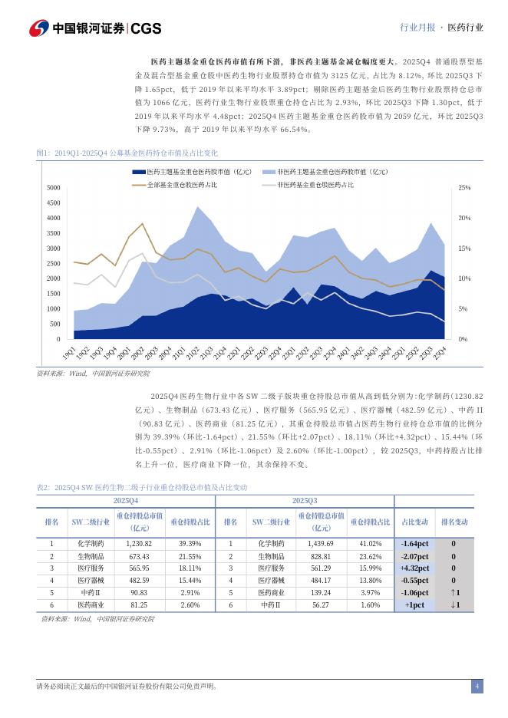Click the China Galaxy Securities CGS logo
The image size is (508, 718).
[x=96, y=28]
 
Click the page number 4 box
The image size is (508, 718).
[x=477, y=686]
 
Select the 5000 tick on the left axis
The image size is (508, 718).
[x=54, y=188]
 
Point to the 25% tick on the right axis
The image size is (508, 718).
[x=464, y=188]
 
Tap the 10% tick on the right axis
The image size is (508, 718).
[x=464, y=278]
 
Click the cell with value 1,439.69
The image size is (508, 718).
[x=321, y=543]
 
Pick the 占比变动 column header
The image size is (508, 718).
[x=414, y=522]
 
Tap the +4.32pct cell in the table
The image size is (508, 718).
[x=414, y=568]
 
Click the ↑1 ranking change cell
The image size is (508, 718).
[x=454, y=593]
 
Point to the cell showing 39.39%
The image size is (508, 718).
[x=190, y=543]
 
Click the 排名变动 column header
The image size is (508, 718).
[x=454, y=522]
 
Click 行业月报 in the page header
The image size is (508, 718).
[x=417, y=27]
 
